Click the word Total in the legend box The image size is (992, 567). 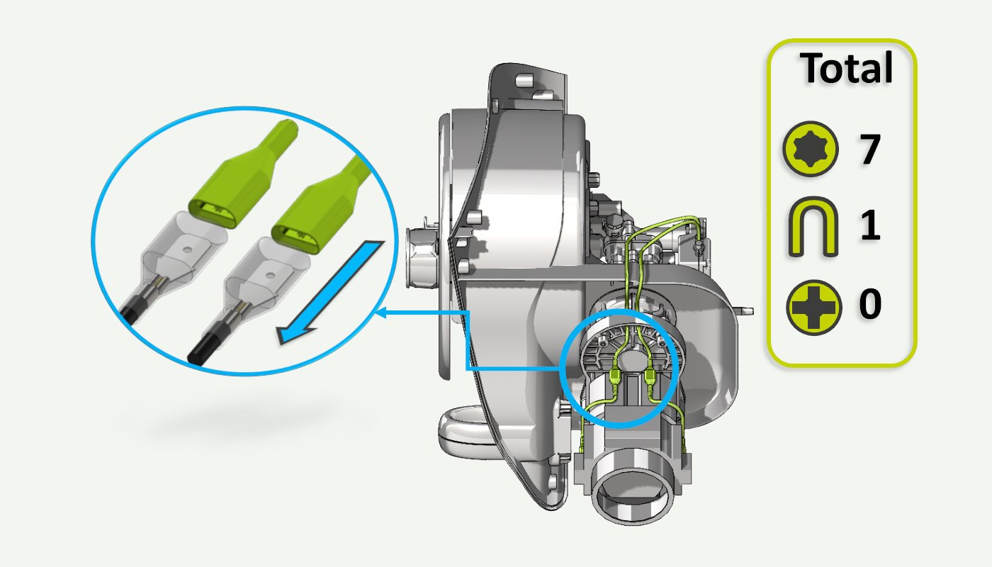[846, 69]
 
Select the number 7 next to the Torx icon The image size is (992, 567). [870, 150]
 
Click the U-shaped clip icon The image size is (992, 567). [812, 227]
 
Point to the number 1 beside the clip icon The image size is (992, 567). [870, 227]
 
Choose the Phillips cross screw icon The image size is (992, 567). [813, 306]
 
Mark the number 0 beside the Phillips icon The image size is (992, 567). [870, 305]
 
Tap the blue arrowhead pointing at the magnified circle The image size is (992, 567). [382, 311]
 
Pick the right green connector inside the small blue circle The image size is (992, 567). [650, 374]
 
